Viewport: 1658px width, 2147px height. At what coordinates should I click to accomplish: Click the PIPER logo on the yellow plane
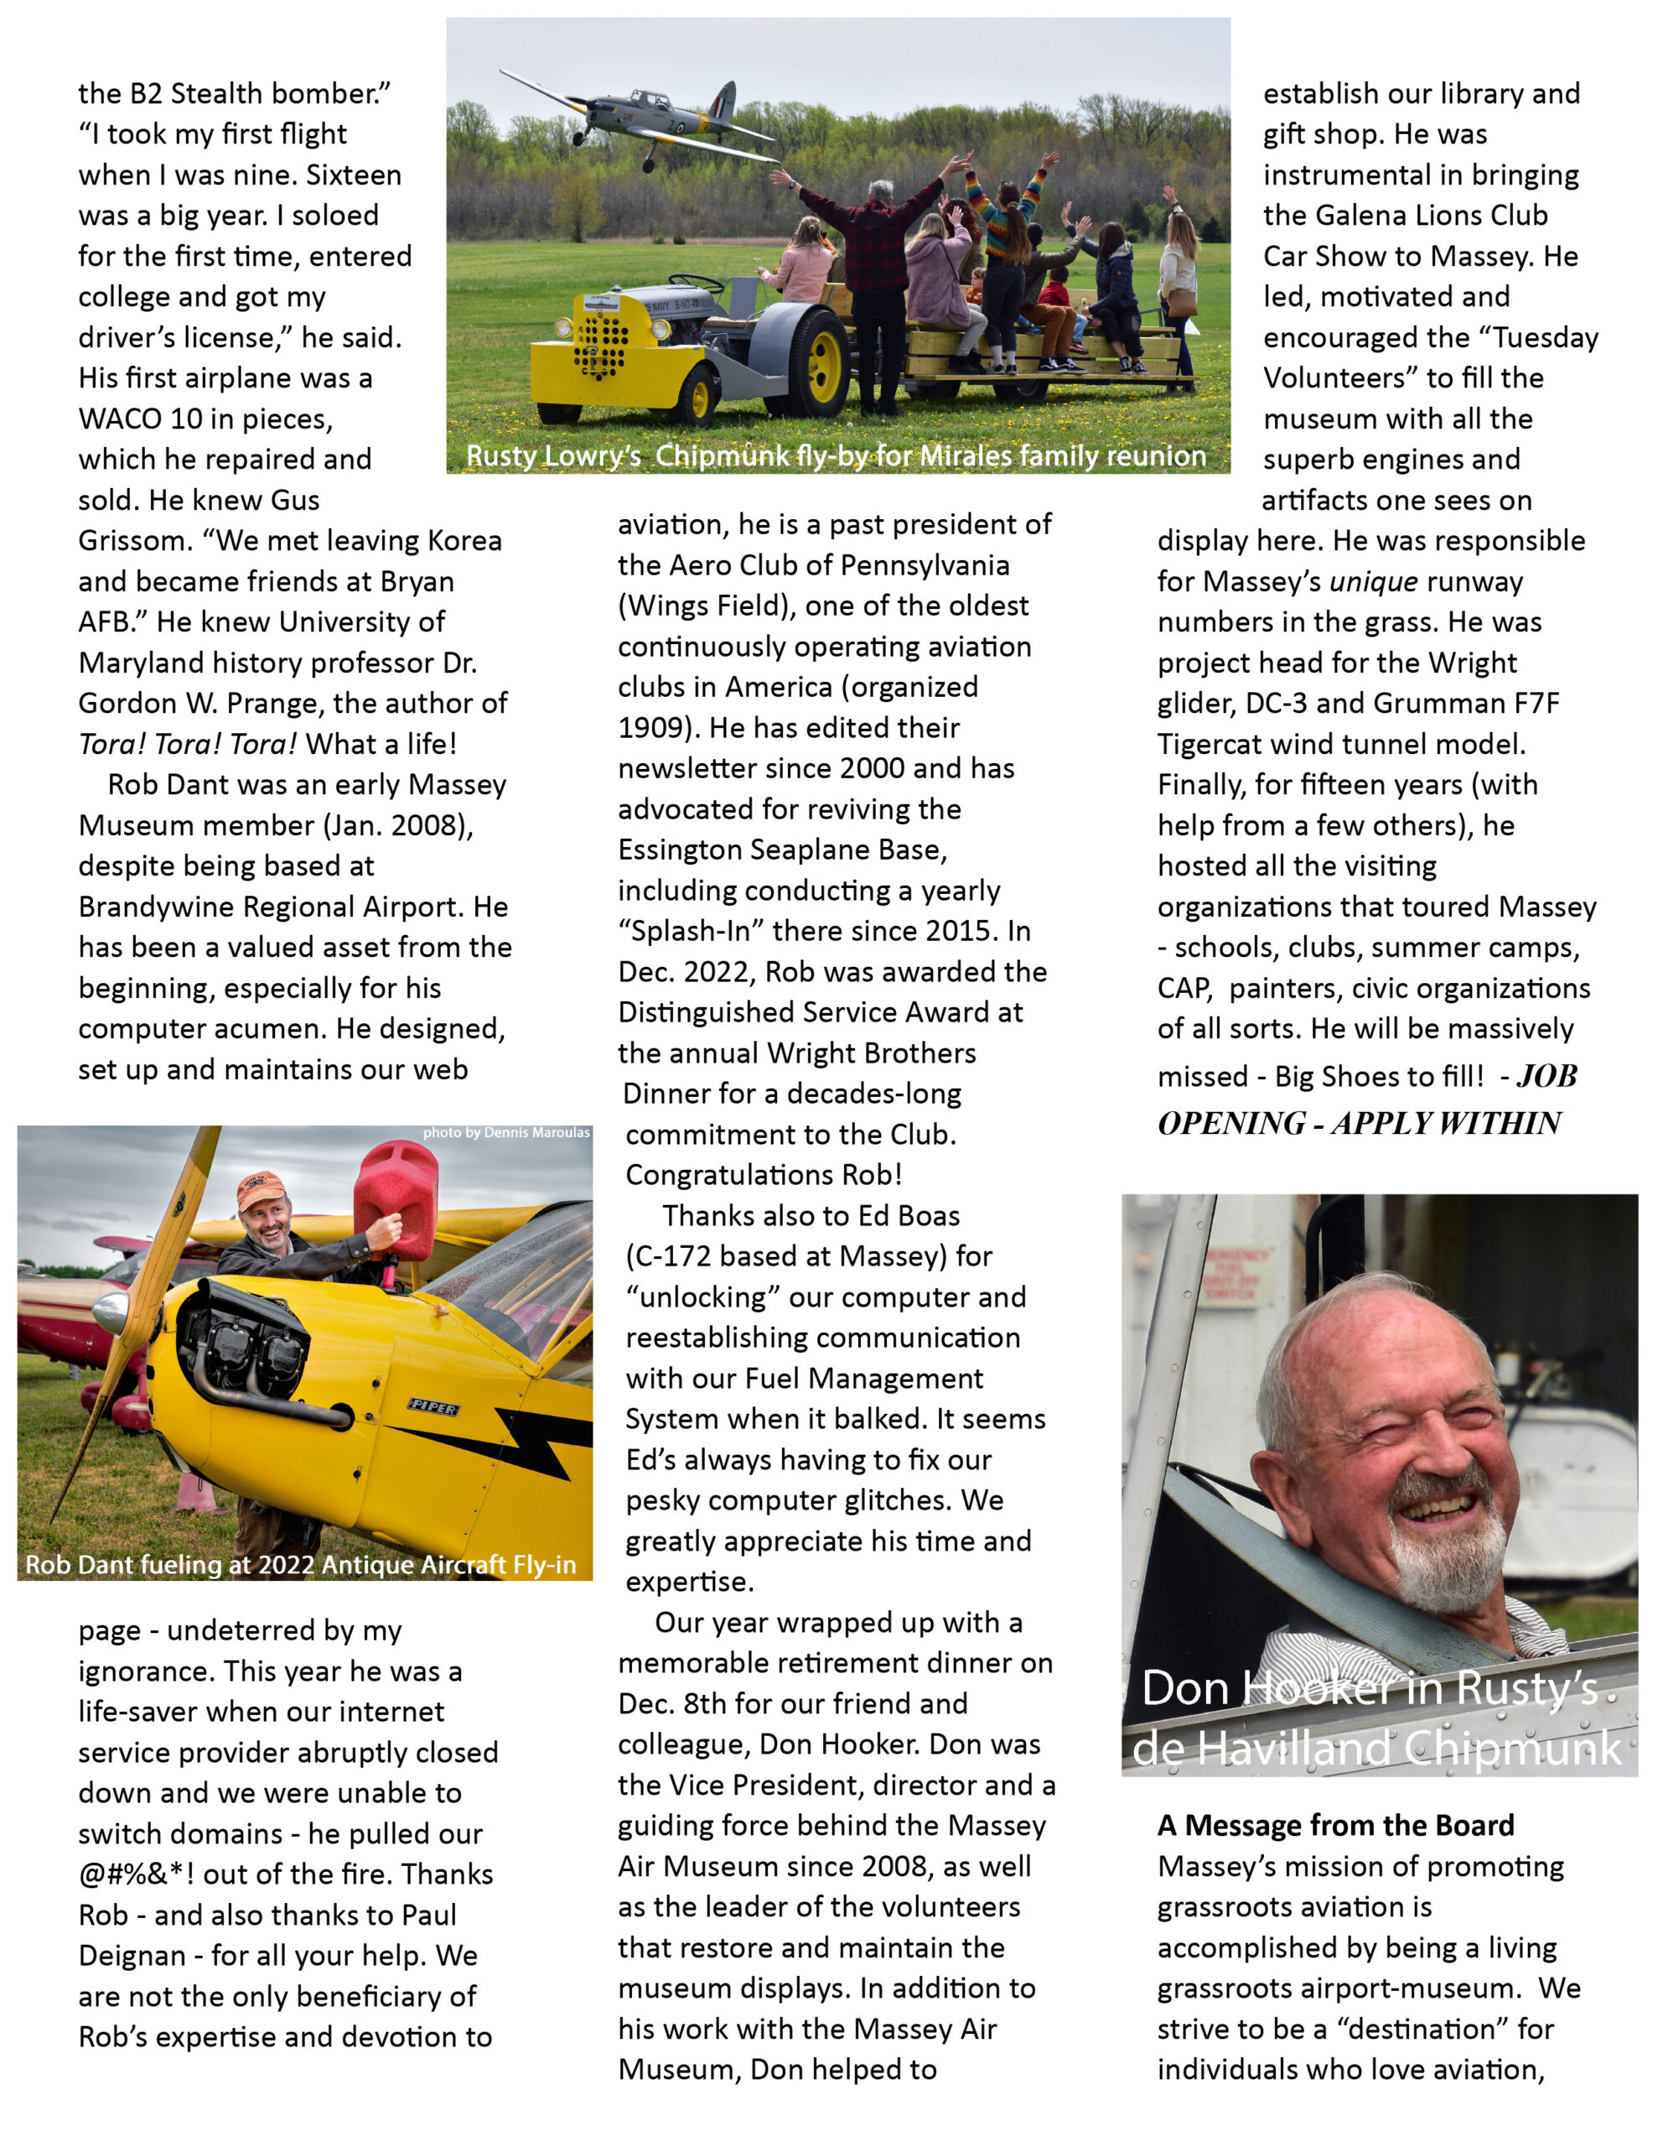[x=433, y=1408]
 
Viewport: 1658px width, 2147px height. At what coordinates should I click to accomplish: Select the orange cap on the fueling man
[x=260, y=1188]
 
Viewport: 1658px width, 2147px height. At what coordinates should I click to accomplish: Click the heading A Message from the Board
[x=1334, y=1826]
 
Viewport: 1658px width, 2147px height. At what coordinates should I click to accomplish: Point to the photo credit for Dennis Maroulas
[x=505, y=1132]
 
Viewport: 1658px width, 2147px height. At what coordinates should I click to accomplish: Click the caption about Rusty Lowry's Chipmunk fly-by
[x=836, y=456]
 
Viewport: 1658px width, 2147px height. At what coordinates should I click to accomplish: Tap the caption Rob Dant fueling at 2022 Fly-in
[x=301, y=1564]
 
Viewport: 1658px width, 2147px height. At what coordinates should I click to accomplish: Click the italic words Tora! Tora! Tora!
[x=187, y=744]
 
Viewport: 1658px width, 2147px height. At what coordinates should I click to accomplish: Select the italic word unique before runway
[x=1372, y=582]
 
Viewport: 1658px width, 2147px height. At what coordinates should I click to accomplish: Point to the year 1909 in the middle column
[x=656, y=729]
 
